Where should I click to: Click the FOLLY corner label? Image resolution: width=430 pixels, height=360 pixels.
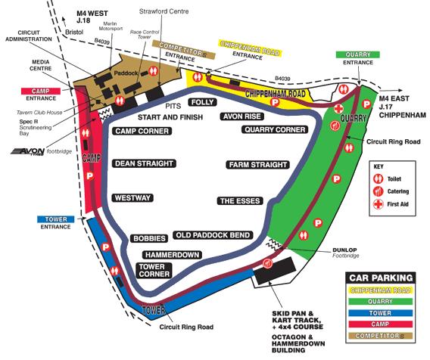tap(203, 102)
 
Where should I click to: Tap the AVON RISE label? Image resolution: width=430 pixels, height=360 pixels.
tap(242, 116)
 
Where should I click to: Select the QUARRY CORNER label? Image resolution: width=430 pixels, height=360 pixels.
tap(275, 129)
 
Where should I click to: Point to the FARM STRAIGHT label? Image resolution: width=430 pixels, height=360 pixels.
tap(258, 165)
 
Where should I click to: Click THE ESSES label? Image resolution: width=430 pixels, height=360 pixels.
tap(240, 201)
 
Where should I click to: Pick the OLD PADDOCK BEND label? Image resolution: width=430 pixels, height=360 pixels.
tap(213, 235)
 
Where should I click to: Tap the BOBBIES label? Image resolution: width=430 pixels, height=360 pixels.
tap(149, 238)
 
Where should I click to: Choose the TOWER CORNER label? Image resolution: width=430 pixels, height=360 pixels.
tap(154, 270)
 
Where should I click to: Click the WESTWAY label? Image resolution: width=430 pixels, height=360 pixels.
tap(132, 198)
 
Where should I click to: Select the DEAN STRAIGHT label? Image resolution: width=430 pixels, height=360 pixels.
tap(144, 163)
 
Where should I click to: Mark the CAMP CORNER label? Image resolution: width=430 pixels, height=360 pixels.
tap(142, 131)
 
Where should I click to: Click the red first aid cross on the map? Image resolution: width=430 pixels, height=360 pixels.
tap(338, 109)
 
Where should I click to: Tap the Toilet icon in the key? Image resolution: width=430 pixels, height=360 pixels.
tap(379, 179)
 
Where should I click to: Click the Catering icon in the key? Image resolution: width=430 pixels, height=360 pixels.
tap(379, 191)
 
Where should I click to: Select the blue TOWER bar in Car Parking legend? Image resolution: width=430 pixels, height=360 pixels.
tap(380, 313)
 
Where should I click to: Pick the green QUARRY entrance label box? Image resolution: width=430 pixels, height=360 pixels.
tap(358, 54)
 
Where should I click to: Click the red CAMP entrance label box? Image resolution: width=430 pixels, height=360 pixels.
tap(41, 91)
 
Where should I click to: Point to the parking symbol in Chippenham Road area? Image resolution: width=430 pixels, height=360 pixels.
tap(275, 102)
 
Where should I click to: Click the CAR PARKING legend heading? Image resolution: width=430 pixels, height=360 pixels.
tap(381, 278)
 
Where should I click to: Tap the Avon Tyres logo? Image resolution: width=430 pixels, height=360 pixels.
tap(28, 151)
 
